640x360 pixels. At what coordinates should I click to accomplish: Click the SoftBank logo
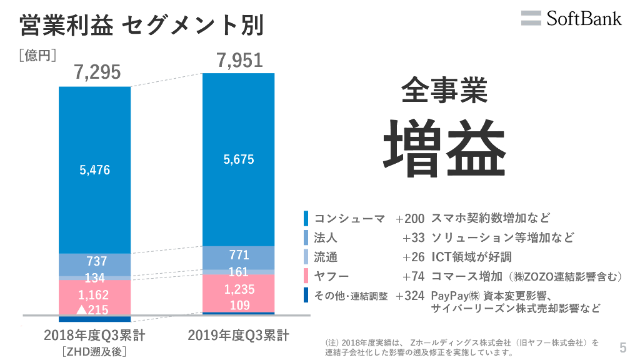pos(571,18)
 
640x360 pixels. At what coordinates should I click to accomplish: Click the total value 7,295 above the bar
pos(97,73)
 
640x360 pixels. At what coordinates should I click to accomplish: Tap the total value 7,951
pos(239,61)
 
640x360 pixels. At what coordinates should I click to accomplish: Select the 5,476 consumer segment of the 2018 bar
pos(95,169)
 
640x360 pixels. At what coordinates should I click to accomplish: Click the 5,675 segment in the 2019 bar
pos(239,159)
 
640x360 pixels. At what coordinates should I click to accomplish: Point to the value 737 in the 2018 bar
pos(95,261)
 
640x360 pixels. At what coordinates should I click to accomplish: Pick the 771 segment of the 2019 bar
pos(239,255)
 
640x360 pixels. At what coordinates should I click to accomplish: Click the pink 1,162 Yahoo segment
pos(95,295)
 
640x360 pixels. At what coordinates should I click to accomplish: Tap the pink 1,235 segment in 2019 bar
pos(239,289)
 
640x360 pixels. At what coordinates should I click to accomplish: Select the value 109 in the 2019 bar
pos(239,305)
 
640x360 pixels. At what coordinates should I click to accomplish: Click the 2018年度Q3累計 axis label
pos(95,336)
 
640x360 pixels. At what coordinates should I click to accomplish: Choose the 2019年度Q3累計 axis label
pos(239,336)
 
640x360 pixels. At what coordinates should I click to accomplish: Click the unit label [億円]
pos(38,56)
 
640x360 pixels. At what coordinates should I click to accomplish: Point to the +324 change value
pos(410,296)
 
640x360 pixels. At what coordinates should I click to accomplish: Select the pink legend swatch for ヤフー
pos(306,276)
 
